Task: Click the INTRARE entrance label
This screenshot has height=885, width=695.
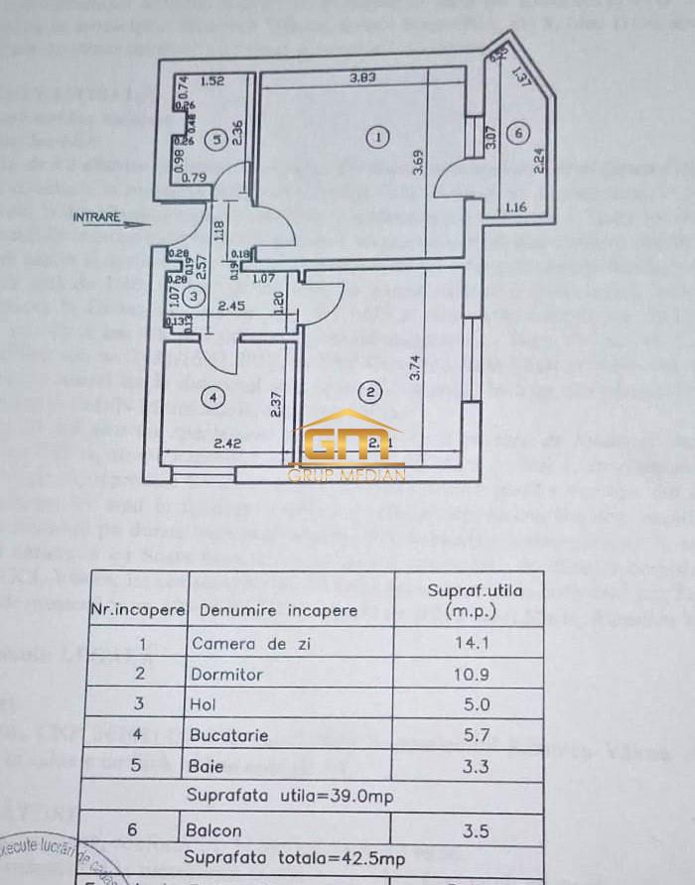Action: click(x=96, y=216)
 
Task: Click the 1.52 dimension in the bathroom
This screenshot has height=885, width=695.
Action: click(x=212, y=82)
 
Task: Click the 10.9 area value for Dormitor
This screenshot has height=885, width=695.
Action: click(x=469, y=674)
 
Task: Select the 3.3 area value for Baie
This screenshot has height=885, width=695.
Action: click(x=469, y=766)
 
